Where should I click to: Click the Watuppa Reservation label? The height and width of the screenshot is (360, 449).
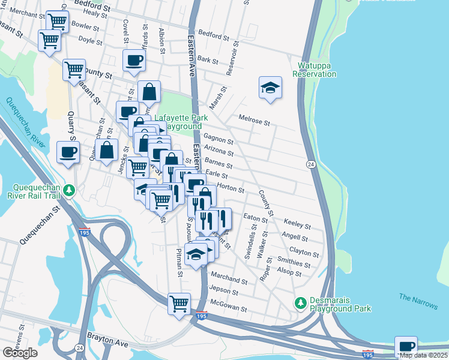(x=314, y=70)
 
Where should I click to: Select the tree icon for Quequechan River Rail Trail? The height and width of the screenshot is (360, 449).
(x=70, y=190)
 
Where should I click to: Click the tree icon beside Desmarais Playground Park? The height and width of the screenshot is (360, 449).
(x=300, y=304)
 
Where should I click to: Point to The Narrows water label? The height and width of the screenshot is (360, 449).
(x=418, y=301)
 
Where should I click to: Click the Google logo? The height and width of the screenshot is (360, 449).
(x=20, y=353)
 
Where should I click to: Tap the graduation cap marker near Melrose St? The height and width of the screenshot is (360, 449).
(x=270, y=88)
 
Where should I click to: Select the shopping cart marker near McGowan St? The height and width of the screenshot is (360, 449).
(x=179, y=303)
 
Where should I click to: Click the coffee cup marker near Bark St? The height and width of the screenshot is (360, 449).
(x=134, y=60)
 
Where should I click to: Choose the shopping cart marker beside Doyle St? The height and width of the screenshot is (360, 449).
(x=49, y=40)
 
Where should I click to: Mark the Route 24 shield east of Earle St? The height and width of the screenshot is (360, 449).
(x=311, y=164)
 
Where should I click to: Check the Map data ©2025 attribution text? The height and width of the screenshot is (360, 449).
(x=423, y=355)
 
